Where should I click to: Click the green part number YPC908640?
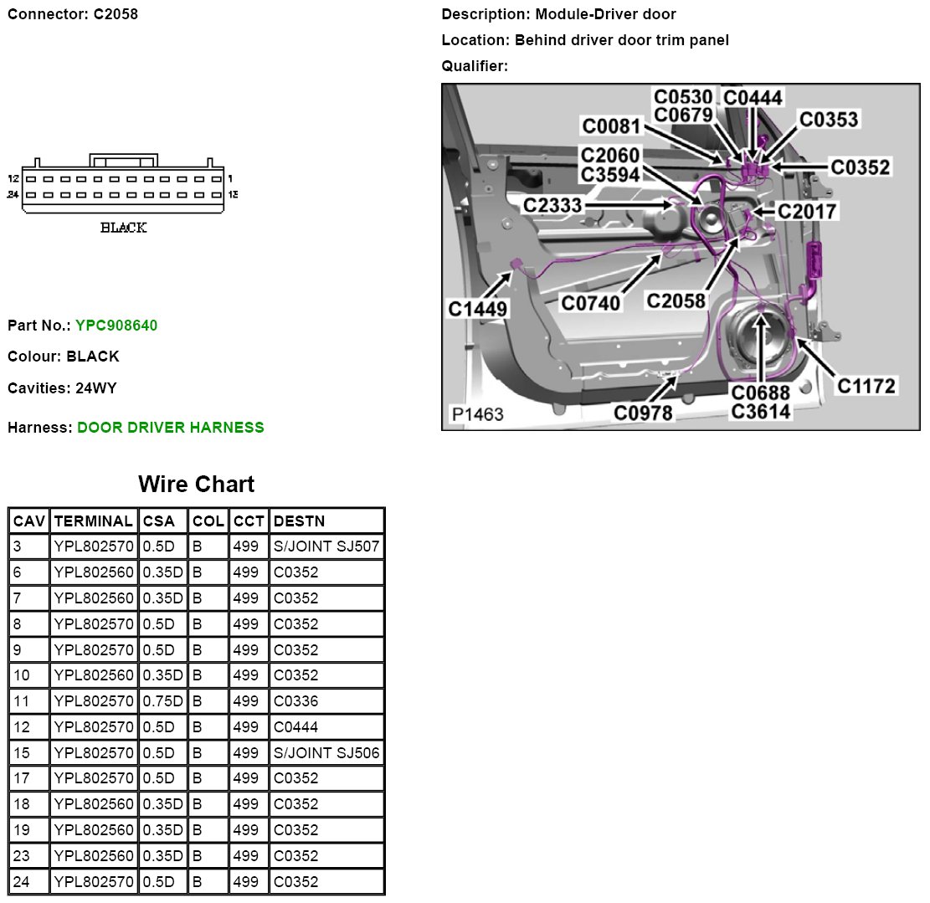coord(116,326)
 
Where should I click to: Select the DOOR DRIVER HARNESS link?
coord(171,428)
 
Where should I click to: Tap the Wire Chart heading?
coord(197,484)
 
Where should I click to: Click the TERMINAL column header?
coord(93,521)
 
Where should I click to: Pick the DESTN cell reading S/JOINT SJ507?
coord(326,546)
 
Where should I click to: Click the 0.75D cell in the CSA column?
coord(162,700)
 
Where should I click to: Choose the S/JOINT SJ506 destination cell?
coord(326,752)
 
